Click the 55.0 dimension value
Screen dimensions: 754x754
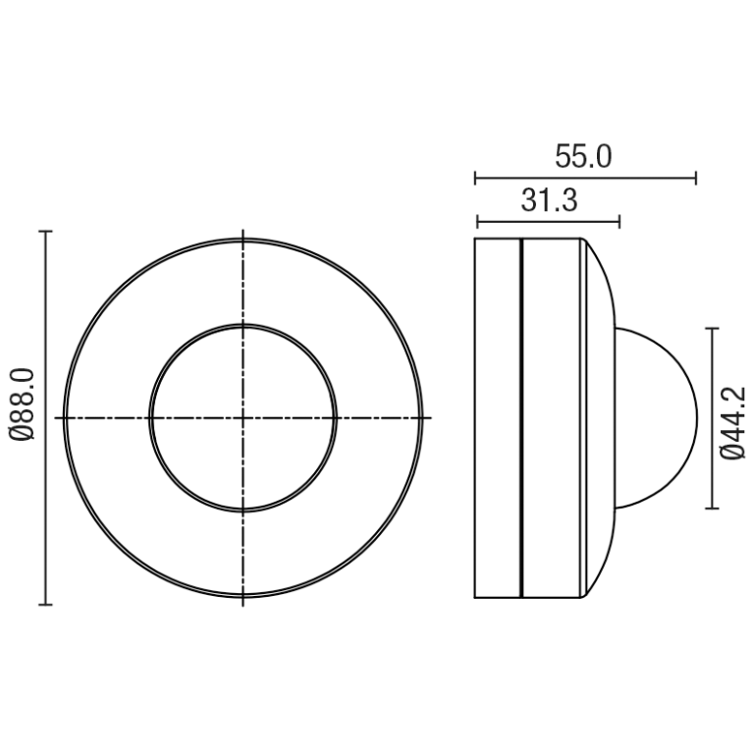(583, 157)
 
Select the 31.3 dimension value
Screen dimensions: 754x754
(548, 201)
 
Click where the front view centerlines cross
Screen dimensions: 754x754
(242, 418)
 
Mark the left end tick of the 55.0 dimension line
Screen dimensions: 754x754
(475, 179)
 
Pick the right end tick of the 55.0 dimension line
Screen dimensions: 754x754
(696, 179)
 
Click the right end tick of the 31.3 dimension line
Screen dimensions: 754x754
(619, 221)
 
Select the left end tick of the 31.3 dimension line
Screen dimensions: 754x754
(476, 221)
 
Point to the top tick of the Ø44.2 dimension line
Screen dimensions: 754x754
(713, 329)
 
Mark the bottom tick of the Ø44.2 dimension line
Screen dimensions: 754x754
(713, 508)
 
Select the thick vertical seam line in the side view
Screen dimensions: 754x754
(520, 418)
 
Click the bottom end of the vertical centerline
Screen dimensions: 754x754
(242, 602)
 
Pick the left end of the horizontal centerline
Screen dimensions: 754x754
(57, 418)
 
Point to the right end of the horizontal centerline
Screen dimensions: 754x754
(430, 418)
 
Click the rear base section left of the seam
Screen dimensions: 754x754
(497, 418)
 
